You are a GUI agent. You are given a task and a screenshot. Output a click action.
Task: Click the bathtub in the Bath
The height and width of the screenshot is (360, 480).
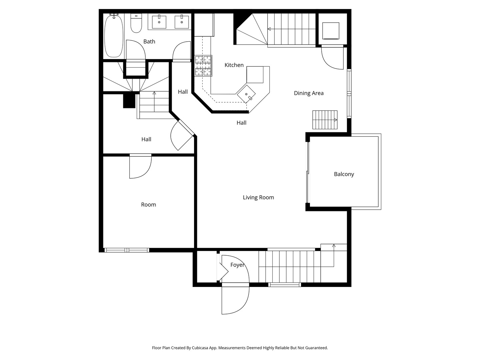click(x=114, y=36)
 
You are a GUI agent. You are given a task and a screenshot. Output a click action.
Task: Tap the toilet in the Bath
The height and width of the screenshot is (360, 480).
click(x=136, y=24)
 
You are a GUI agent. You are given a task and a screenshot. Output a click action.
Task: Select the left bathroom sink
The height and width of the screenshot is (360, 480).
click(x=159, y=22)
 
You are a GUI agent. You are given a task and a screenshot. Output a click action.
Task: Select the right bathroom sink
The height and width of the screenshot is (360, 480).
click(x=182, y=22)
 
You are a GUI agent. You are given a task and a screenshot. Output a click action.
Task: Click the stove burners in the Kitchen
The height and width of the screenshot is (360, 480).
click(x=203, y=65)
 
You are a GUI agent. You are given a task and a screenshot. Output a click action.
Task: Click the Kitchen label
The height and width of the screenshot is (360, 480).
click(x=234, y=65)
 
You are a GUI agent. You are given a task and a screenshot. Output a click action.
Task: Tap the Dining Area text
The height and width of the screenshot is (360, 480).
click(x=309, y=93)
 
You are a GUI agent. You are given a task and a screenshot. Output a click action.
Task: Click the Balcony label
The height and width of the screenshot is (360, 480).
click(x=344, y=174)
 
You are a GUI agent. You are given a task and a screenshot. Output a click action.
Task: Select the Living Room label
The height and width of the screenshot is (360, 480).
click(x=258, y=197)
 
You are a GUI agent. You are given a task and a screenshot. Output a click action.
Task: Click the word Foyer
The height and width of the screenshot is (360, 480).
click(x=237, y=265)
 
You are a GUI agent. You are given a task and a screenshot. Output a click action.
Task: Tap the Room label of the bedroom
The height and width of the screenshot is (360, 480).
click(x=148, y=205)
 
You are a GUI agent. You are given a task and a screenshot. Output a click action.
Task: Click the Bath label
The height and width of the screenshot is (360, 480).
click(x=149, y=41)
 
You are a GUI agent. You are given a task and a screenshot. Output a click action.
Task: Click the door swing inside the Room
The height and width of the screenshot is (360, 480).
click(x=140, y=166)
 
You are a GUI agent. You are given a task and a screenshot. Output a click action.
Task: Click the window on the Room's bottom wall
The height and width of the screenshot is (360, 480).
click(x=127, y=250)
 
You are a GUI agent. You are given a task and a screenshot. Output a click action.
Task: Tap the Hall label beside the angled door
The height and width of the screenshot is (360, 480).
click(x=146, y=139)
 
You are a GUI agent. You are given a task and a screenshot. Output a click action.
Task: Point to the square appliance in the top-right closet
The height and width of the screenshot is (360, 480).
click(x=331, y=31)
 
